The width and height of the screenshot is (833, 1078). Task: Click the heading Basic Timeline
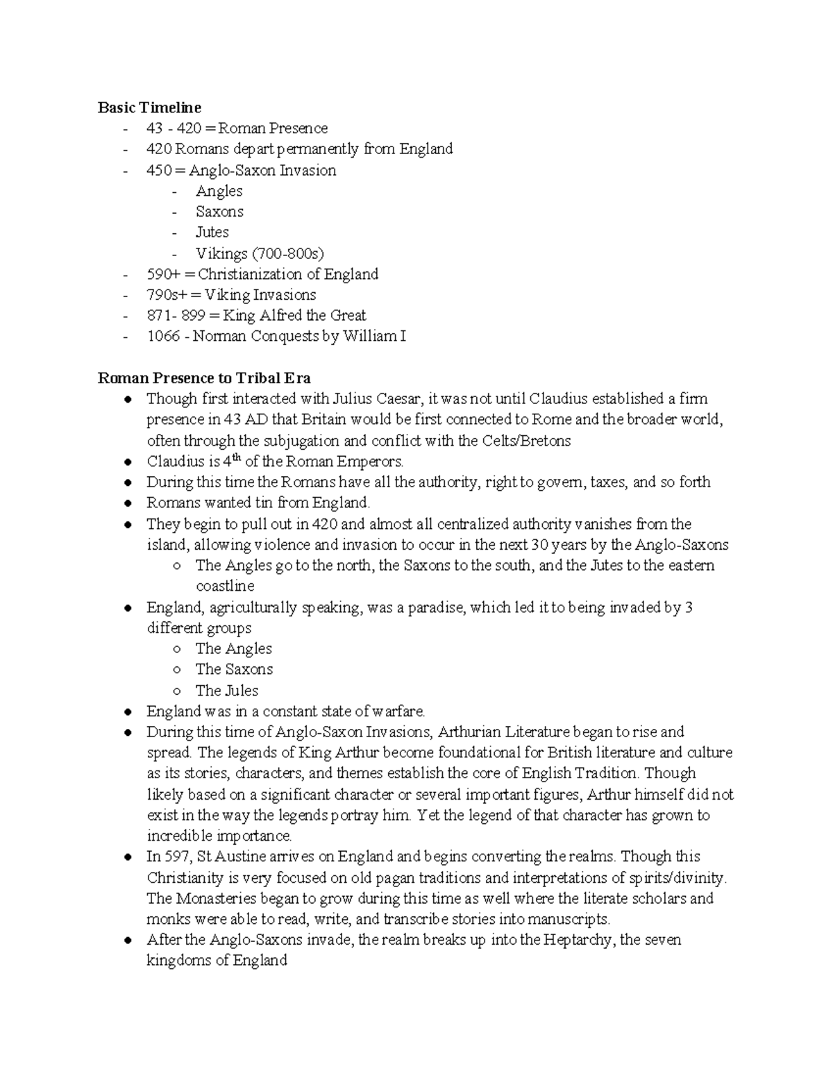coord(149,108)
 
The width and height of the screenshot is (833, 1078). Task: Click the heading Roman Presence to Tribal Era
coord(204,378)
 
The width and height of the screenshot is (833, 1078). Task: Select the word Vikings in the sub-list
coord(221,253)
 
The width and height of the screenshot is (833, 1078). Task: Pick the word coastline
coord(225,587)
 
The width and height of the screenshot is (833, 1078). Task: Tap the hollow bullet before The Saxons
coord(177,670)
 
